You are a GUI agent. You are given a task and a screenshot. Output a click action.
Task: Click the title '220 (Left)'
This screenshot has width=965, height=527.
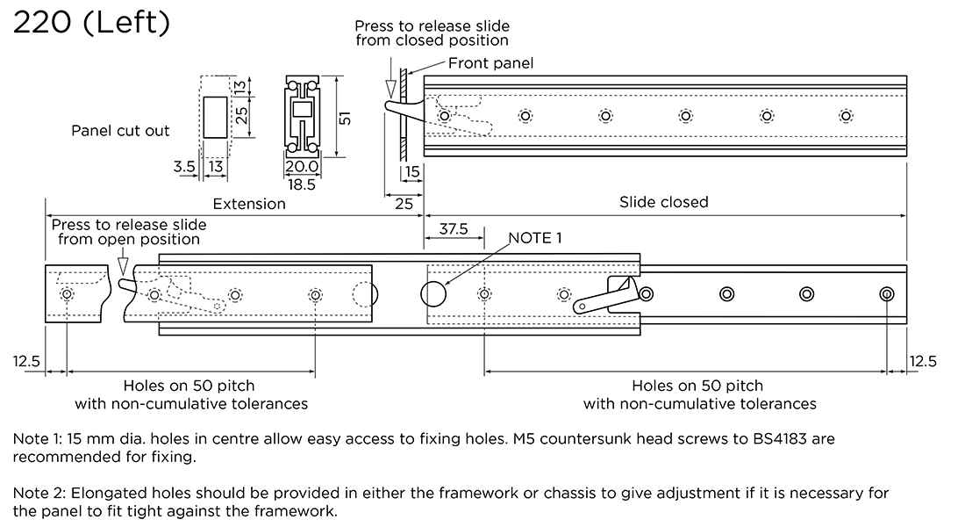91,23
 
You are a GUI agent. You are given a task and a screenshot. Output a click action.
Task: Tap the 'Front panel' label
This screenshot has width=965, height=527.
490,63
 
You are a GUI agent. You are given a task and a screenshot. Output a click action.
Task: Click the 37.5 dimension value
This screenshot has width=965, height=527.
454,230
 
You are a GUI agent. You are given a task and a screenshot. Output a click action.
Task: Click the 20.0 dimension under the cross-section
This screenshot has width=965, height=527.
301,167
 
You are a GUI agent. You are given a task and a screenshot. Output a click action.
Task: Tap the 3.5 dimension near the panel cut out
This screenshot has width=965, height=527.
184,166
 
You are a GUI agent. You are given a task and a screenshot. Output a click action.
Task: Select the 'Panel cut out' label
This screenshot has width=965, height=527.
120,131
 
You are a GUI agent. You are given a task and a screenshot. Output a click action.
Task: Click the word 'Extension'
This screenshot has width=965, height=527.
249,204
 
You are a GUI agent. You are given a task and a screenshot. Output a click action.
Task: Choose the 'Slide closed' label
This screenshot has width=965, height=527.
663,202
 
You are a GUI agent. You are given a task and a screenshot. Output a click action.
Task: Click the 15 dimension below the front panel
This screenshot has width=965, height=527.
412,173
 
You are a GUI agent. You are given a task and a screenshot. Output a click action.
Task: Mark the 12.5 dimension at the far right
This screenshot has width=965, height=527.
924,361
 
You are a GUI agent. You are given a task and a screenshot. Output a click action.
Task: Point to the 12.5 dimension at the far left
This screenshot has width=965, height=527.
26,361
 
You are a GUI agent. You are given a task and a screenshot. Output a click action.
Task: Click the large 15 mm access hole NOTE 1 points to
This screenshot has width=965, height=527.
434,294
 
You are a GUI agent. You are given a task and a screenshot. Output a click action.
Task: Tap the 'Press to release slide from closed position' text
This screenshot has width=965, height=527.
432,33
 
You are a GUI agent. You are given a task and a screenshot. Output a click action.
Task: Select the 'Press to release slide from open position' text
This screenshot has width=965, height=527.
129,232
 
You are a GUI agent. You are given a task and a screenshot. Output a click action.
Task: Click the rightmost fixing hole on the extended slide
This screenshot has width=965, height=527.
887,293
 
